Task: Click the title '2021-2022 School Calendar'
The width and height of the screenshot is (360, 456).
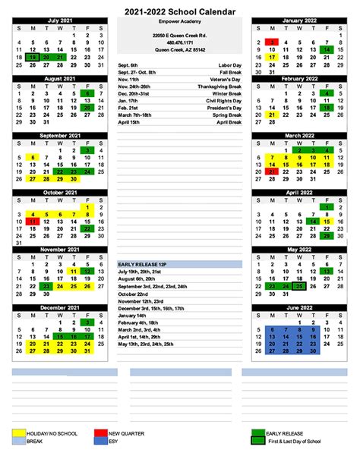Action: pos(180,8)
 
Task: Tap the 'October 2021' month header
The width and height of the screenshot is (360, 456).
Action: pos(62,192)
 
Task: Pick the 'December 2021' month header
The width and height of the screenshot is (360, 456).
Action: pos(62,307)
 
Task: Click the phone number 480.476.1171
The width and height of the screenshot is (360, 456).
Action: pos(180,42)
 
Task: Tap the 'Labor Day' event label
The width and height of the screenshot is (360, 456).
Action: pos(226,65)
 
